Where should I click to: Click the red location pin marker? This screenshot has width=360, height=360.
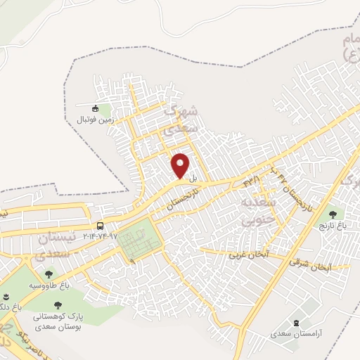click(x=181, y=165)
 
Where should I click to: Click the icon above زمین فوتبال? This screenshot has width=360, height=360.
click(x=96, y=108)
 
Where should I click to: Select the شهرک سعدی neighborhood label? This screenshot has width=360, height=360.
click(x=180, y=120)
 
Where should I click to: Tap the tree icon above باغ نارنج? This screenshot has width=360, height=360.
click(x=331, y=214)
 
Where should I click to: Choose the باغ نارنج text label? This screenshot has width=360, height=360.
click(x=332, y=226)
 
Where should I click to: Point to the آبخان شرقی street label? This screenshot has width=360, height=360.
click(x=309, y=265)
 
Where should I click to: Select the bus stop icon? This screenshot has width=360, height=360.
click(x=101, y=226)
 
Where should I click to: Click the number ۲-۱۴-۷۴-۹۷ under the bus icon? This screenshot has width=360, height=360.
click(x=101, y=236)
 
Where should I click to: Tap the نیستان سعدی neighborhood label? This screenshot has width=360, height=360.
click(x=51, y=245)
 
